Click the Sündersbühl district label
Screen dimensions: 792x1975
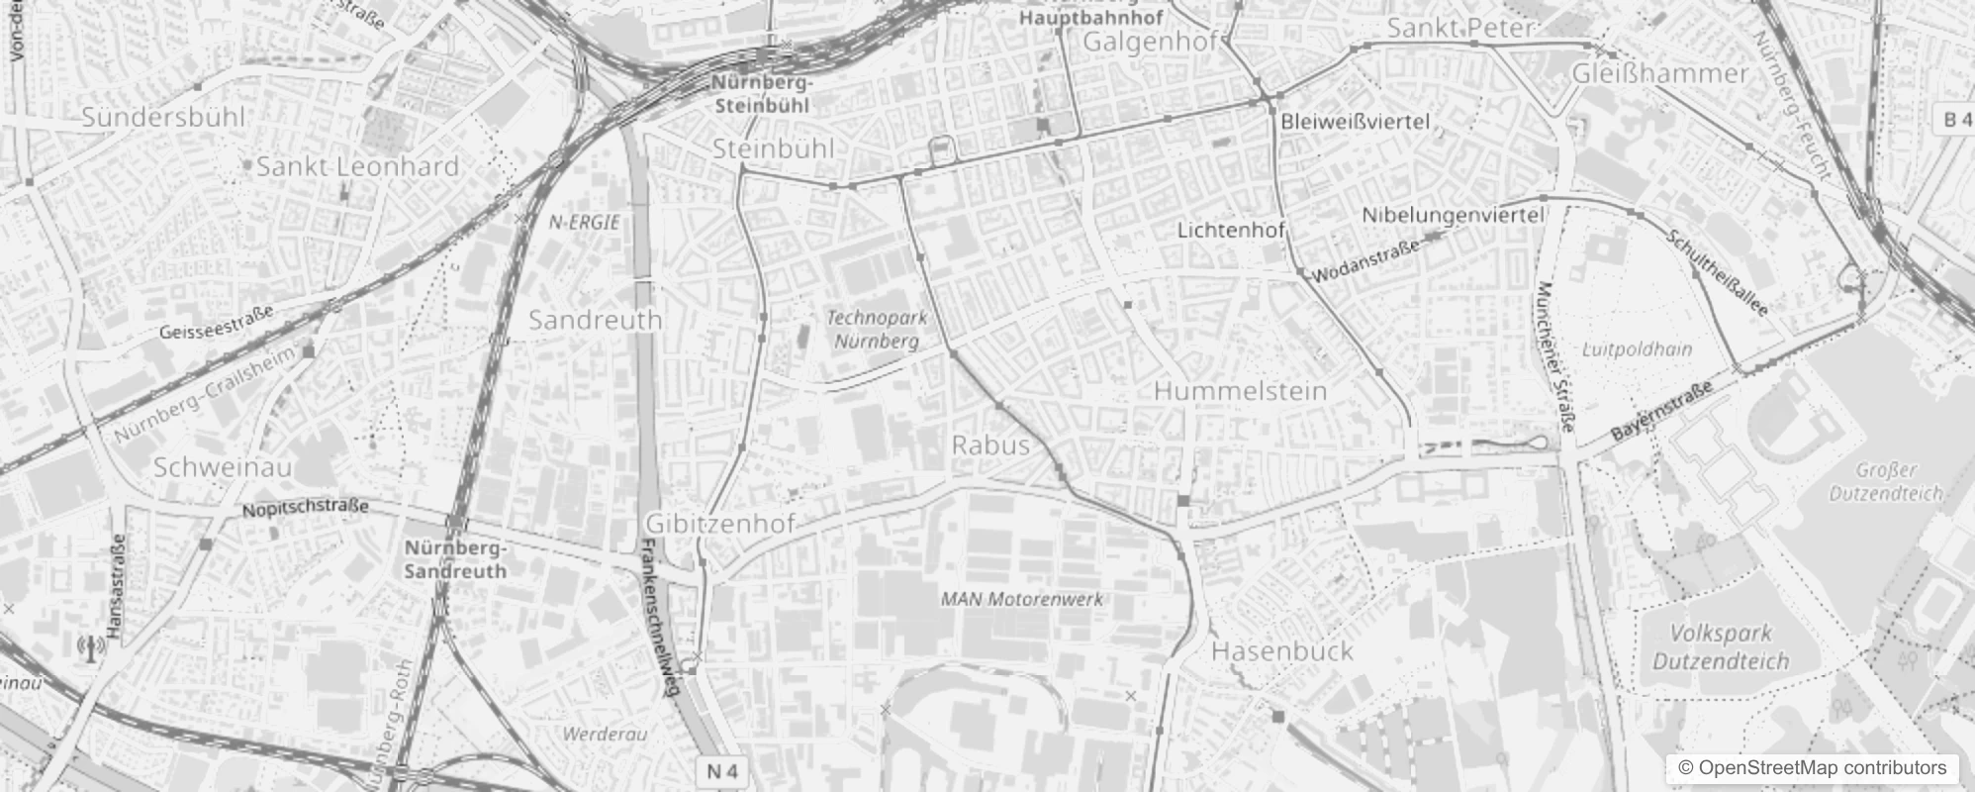click(x=163, y=117)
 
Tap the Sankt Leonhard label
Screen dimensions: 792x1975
click(x=357, y=166)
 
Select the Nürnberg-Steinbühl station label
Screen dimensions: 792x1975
click(x=761, y=94)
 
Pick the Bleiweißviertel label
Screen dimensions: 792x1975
click(x=1355, y=122)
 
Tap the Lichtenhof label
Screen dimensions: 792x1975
click(x=1231, y=231)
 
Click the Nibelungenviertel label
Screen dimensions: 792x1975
click(x=1453, y=215)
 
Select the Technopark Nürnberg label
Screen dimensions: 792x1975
click(x=876, y=329)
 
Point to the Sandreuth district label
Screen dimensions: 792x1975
click(x=595, y=320)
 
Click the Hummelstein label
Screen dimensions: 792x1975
click(x=1240, y=391)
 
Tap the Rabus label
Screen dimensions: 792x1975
click(x=990, y=445)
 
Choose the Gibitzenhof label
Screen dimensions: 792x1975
click(x=719, y=524)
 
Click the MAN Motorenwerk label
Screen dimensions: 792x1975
click(x=1021, y=599)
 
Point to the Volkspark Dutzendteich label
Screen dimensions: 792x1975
click(x=1721, y=647)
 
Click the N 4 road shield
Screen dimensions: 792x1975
click(x=723, y=771)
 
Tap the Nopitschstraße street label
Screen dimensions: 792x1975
click(x=306, y=508)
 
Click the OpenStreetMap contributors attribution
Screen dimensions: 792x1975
click(x=1811, y=768)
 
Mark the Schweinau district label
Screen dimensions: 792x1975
click(x=223, y=467)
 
